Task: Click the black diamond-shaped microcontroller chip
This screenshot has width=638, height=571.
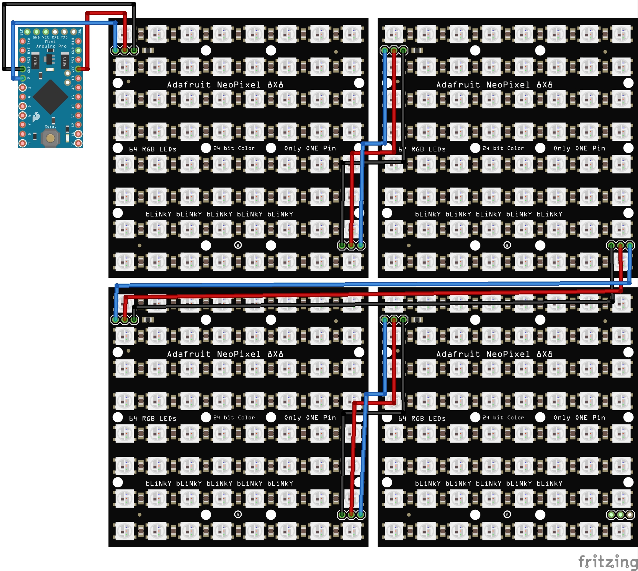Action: pyautogui.click(x=50, y=97)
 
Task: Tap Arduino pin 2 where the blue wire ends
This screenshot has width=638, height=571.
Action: pyautogui.click(x=22, y=78)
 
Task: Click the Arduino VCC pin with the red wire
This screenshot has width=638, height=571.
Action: pyautogui.click(x=78, y=69)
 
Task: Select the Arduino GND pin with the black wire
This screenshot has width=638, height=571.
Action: pyautogui.click(x=22, y=69)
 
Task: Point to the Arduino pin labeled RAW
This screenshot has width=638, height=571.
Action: pyautogui.click(x=78, y=41)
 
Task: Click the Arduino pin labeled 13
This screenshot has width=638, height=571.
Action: pyautogui.click(x=78, y=116)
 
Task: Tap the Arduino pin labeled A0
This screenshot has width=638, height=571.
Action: pyautogui.click(x=78, y=106)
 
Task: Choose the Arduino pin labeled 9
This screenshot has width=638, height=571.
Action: pyautogui.click(x=22, y=143)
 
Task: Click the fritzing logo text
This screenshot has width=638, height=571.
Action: pyautogui.click(x=607, y=562)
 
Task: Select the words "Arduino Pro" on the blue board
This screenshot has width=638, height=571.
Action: pyautogui.click(x=51, y=46)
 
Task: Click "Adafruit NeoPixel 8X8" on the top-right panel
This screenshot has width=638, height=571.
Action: pyautogui.click(x=494, y=85)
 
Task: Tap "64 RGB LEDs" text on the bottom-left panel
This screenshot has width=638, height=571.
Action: pyautogui.click(x=152, y=419)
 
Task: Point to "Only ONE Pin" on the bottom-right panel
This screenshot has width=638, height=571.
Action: pyautogui.click(x=579, y=417)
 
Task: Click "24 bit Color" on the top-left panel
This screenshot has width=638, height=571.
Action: pyautogui.click(x=234, y=148)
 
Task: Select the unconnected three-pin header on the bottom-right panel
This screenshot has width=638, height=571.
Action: pyautogui.click(x=620, y=515)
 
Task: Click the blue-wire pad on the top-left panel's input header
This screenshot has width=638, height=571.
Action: pyautogui.click(x=116, y=51)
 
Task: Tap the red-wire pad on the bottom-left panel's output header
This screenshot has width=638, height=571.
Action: pyautogui.click(x=351, y=515)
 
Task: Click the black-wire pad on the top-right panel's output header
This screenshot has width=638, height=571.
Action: pyautogui.click(x=611, y=245)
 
